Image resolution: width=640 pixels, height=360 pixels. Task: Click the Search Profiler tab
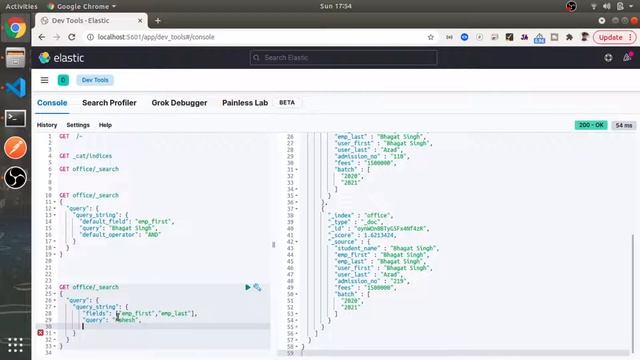109,103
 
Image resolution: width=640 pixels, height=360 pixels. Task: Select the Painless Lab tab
245,103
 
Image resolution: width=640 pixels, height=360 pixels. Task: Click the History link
47,125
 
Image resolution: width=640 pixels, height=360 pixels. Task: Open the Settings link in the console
78,125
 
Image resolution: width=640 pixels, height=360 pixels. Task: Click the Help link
105,125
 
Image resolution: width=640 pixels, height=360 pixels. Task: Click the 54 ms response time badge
624,125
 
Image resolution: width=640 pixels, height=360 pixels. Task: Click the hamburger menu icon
44,80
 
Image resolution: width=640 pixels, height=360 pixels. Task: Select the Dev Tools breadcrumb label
96,80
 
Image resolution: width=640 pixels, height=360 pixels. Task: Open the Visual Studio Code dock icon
15,86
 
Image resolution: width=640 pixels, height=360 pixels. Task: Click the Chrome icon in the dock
15,29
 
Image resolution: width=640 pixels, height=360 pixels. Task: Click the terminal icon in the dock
15,117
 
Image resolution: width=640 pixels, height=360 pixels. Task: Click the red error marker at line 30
41,331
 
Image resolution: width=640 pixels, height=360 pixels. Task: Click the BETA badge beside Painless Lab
288,103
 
